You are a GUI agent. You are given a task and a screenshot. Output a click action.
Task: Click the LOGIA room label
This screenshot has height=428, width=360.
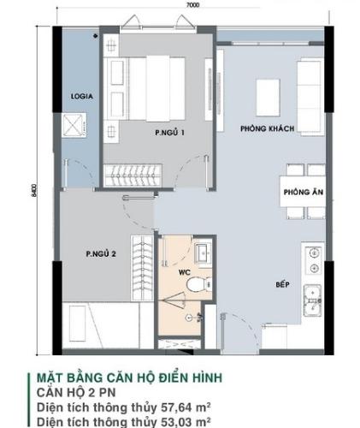click(x=81, y=96)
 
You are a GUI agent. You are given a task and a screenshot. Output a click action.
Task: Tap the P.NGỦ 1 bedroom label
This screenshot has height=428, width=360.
click(x=170, y=133)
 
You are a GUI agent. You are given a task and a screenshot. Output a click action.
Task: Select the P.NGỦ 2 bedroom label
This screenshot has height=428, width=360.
click(x=100, y=253)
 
